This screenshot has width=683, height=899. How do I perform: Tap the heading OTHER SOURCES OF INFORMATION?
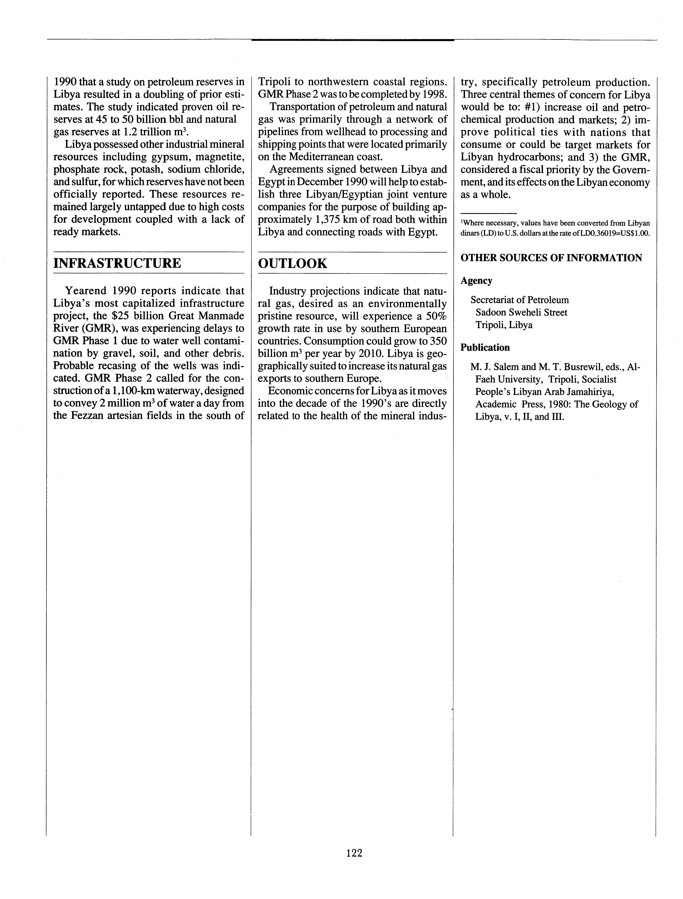pyautogui.click(x=551, y=258)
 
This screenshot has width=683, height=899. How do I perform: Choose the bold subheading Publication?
pyautogui.click(x=485, y=348)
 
